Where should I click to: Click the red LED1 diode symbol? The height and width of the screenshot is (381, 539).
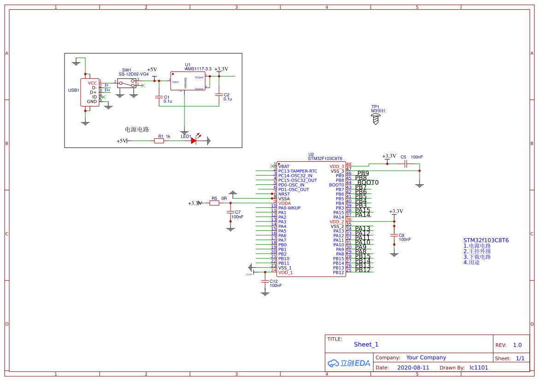coord(194,141)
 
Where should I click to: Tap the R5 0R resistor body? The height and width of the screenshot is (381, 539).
coord(214,203)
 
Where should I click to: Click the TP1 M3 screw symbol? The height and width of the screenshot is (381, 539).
coord(376,119)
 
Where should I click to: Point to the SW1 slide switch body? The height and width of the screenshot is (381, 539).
coord(127,83)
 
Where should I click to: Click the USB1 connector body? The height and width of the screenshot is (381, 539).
coord(89,93)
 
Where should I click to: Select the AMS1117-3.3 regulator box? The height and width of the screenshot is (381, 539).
coord(188,81)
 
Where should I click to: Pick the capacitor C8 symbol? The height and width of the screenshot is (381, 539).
coord(394,235)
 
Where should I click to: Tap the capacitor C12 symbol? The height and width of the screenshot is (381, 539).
coord(265,281)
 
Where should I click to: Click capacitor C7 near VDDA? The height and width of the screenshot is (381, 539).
coord(231,212)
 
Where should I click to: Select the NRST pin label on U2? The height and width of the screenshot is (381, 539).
coord(284,194)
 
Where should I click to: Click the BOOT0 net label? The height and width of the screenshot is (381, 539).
coord(368,183)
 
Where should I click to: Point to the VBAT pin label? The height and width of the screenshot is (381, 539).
coord(284,166)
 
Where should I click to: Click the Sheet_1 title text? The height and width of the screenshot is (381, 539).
coord(366,345)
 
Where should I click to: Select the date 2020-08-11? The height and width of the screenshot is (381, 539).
coord(413,368)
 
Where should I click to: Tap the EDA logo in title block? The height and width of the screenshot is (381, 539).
coord(349,363)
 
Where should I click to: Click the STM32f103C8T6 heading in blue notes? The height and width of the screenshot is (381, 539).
coord(486,240)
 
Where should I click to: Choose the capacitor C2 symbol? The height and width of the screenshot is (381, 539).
coord(219,94)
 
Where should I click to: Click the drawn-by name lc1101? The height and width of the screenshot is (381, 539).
coord(479,368)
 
